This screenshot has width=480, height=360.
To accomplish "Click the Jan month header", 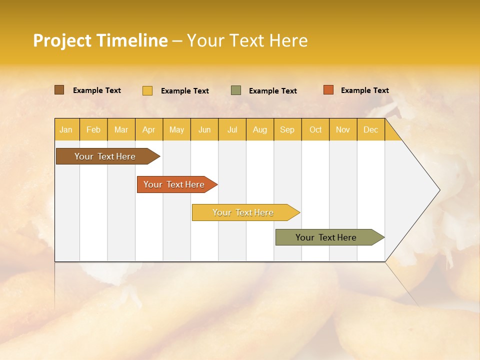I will click(x=66, y=130).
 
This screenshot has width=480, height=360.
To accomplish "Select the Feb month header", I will click(x=93, y=130).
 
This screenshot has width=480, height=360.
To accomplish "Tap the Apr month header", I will click(x=149, y=130).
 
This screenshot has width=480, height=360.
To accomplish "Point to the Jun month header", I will click(x=204, y=130).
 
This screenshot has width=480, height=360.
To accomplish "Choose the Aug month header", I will click(x=260, y=130).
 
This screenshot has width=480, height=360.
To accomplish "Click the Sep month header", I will click(x=287, y=130).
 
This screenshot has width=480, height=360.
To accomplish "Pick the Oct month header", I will click(x=315, y=130).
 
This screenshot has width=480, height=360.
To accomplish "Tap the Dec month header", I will click(x=371, y=130).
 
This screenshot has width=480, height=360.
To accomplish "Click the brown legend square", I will click(x=59, y=90).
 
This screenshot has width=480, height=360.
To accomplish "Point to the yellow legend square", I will click(x=147, y=90).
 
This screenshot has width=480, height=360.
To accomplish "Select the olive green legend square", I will click(x=236, y=90).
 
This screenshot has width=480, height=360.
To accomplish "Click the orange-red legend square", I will click(x=328, y=90).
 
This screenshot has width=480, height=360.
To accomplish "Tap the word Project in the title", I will click(x=62, y=40).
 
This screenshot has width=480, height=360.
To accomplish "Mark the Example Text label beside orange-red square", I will click(x=364, y=90).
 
